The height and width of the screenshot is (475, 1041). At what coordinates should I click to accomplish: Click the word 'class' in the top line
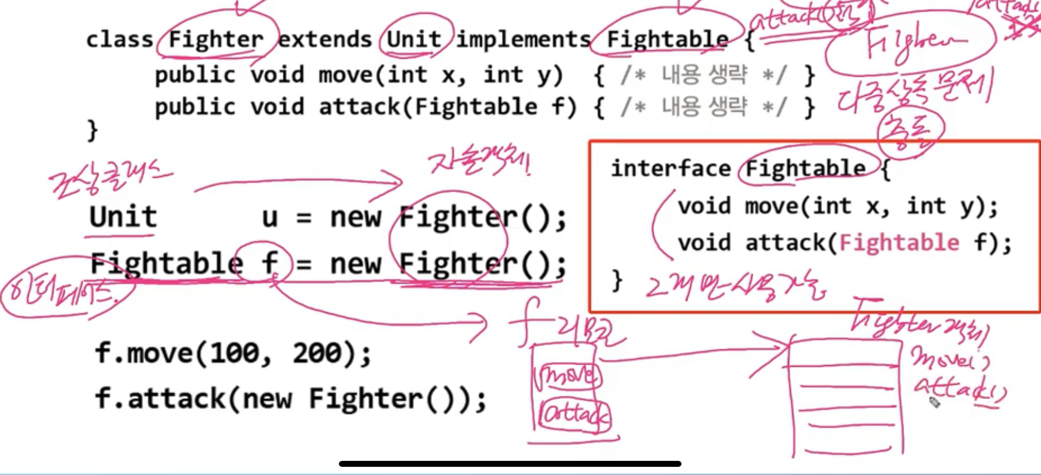click(120, 40)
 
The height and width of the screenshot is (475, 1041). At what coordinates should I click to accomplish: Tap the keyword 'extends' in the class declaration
click(325, 40)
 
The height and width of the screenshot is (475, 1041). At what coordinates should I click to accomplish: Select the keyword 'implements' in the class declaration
click(523, 40)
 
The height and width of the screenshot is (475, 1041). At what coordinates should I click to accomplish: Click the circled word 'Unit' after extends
click(414, 39)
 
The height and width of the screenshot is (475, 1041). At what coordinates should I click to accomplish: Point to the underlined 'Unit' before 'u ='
click(123, 217)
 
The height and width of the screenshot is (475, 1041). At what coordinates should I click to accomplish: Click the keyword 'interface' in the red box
click(671, 168)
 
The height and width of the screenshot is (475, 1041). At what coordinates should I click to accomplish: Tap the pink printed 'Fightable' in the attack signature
click(899, 242)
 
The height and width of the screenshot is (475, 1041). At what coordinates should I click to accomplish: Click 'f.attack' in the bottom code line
click(159, 398)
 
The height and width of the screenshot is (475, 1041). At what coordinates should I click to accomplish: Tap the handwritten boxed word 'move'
click(568, 375)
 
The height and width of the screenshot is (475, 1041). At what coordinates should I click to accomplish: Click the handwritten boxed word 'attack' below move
click(574, 416)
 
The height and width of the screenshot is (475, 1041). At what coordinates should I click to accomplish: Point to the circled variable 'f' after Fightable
click(270, 263)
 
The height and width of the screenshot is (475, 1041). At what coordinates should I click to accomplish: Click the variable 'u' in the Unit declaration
click(270, 218)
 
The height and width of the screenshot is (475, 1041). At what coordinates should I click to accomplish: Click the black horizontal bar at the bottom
click(510, 464)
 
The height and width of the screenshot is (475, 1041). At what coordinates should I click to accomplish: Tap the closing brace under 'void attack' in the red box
click(617, 280)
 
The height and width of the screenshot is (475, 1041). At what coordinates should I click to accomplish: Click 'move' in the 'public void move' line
click(345, 75)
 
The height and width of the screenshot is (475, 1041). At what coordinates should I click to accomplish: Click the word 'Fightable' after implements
click(667, 40)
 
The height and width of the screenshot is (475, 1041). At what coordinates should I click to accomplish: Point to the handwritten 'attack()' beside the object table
click(958, 389)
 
